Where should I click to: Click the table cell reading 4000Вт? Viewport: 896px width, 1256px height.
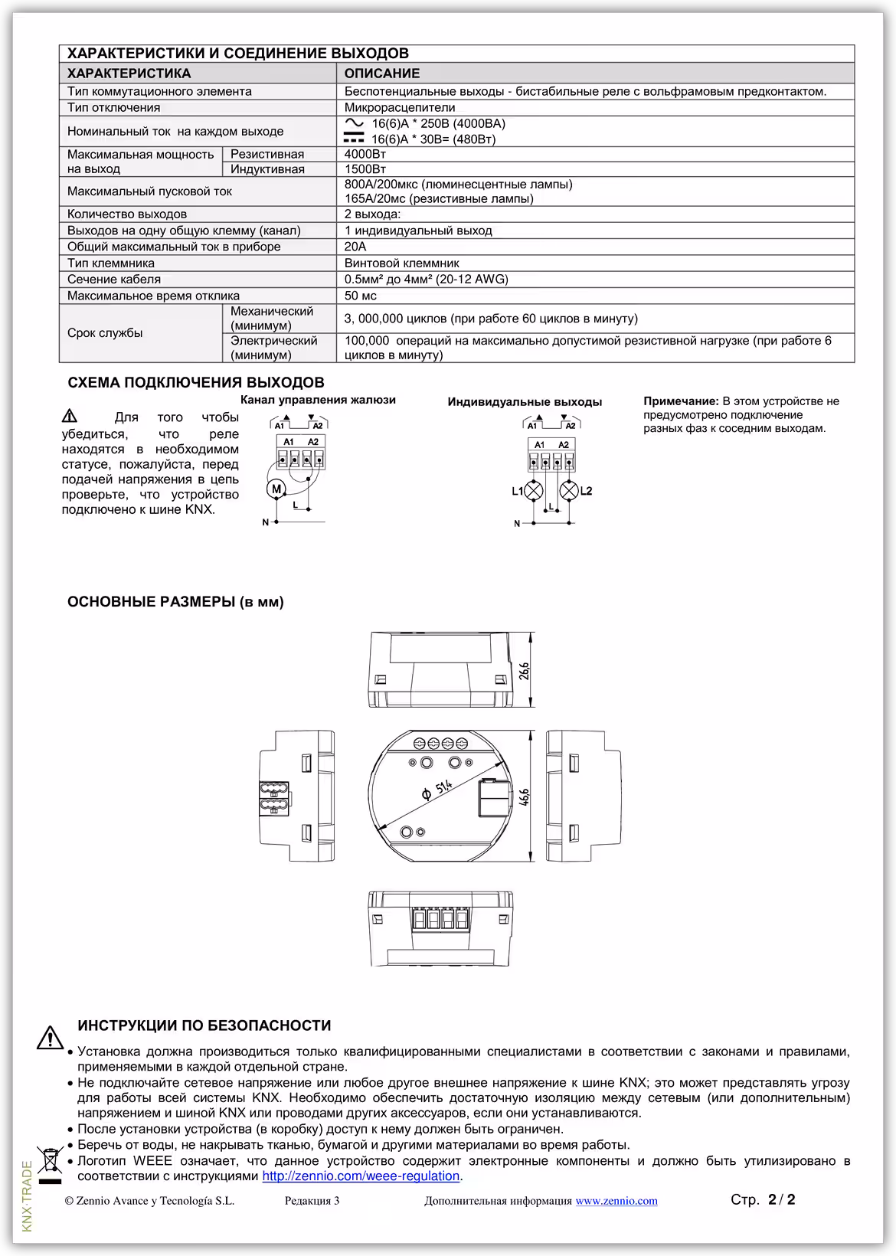(365, 154)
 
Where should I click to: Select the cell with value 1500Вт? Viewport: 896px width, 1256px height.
(365, 169)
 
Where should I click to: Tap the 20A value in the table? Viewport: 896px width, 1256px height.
(355, 247)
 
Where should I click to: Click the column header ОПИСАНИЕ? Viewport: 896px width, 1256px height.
(381, 74)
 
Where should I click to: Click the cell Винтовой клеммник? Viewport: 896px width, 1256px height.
(401, 263)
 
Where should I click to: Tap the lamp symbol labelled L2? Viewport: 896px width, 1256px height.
(569, 491)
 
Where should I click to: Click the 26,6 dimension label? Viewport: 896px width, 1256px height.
(524, 670)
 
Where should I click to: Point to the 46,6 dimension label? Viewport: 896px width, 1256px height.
(524, 796)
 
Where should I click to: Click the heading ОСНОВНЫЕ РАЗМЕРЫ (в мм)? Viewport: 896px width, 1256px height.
(175, 602)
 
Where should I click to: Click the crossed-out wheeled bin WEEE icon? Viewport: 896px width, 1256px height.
(50, 1161)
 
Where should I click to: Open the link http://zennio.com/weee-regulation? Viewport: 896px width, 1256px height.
(361, 1176)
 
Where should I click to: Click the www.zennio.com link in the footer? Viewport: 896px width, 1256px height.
(616, 1201)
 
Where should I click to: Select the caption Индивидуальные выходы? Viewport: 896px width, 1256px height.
(525, 402)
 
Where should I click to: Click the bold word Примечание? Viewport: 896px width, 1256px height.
(681, 401)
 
